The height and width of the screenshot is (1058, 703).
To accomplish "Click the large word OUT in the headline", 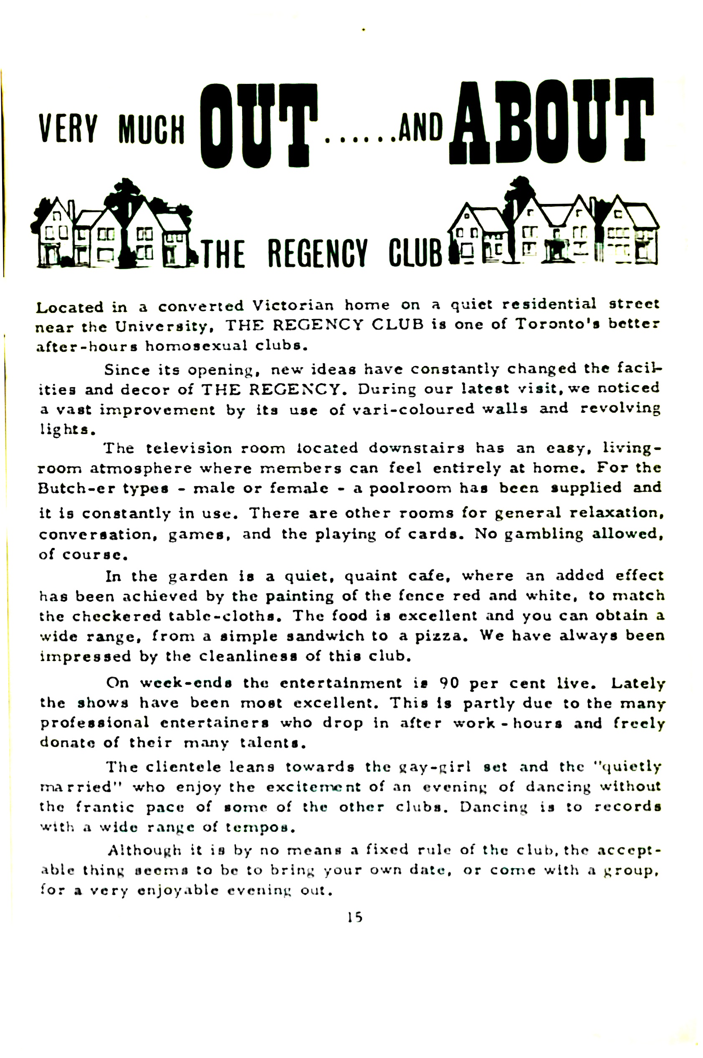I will [258, 126].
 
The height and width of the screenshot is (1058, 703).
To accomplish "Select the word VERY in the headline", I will [68, 129].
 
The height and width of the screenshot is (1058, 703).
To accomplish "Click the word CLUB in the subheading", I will [415, 254].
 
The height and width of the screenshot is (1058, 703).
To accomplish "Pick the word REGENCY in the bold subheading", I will [317, 254].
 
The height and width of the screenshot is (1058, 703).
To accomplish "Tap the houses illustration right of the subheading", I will [554, 224].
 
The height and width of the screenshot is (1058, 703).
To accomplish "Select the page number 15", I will [355, 917].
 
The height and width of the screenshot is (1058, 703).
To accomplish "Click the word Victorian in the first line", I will [293, 306].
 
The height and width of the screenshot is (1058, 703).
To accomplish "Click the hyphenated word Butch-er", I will [75, 488].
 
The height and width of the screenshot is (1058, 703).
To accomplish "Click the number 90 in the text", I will [449, 683].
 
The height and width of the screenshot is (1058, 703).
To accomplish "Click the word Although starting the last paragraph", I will [144, 850].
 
